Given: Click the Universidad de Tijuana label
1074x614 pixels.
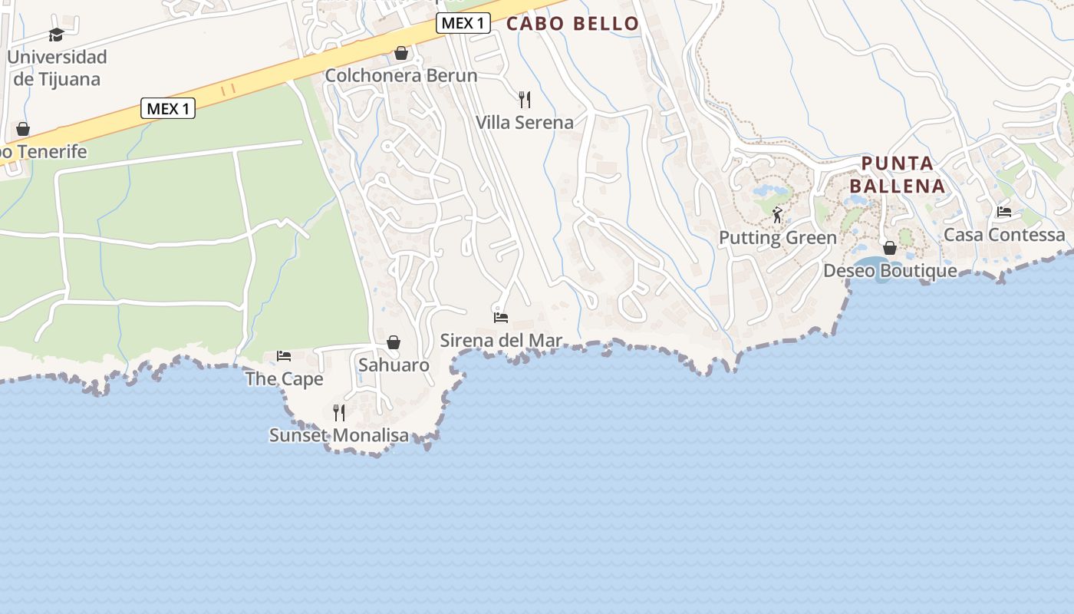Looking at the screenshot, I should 57,68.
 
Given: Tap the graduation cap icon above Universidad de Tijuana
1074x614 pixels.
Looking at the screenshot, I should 56,35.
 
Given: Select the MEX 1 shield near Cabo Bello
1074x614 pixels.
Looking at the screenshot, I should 463,23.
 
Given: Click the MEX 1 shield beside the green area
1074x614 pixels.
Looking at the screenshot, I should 168,108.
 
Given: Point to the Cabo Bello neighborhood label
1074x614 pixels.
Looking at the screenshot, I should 572,24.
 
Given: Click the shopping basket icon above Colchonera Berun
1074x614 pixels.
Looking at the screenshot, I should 400,53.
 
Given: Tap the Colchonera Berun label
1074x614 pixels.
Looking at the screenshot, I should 400,75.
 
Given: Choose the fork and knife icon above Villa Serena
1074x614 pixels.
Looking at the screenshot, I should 525,99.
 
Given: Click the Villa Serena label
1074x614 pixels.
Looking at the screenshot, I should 525,122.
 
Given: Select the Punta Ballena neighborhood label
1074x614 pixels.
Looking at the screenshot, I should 897,174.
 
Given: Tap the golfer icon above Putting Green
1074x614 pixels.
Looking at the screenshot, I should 777,215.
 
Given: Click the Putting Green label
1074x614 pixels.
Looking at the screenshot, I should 777,237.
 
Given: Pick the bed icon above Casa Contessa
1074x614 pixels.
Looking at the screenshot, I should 1004,212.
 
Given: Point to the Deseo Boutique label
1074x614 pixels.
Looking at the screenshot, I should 890,270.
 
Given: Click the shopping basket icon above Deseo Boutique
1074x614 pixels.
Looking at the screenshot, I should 890,248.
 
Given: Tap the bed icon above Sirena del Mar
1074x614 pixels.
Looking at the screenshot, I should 501,317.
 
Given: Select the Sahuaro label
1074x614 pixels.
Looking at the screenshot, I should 394,365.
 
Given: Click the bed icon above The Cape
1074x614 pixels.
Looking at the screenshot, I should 284,356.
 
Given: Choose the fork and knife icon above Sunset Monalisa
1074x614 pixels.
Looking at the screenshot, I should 339,413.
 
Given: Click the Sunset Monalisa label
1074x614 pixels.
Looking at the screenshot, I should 339,435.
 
